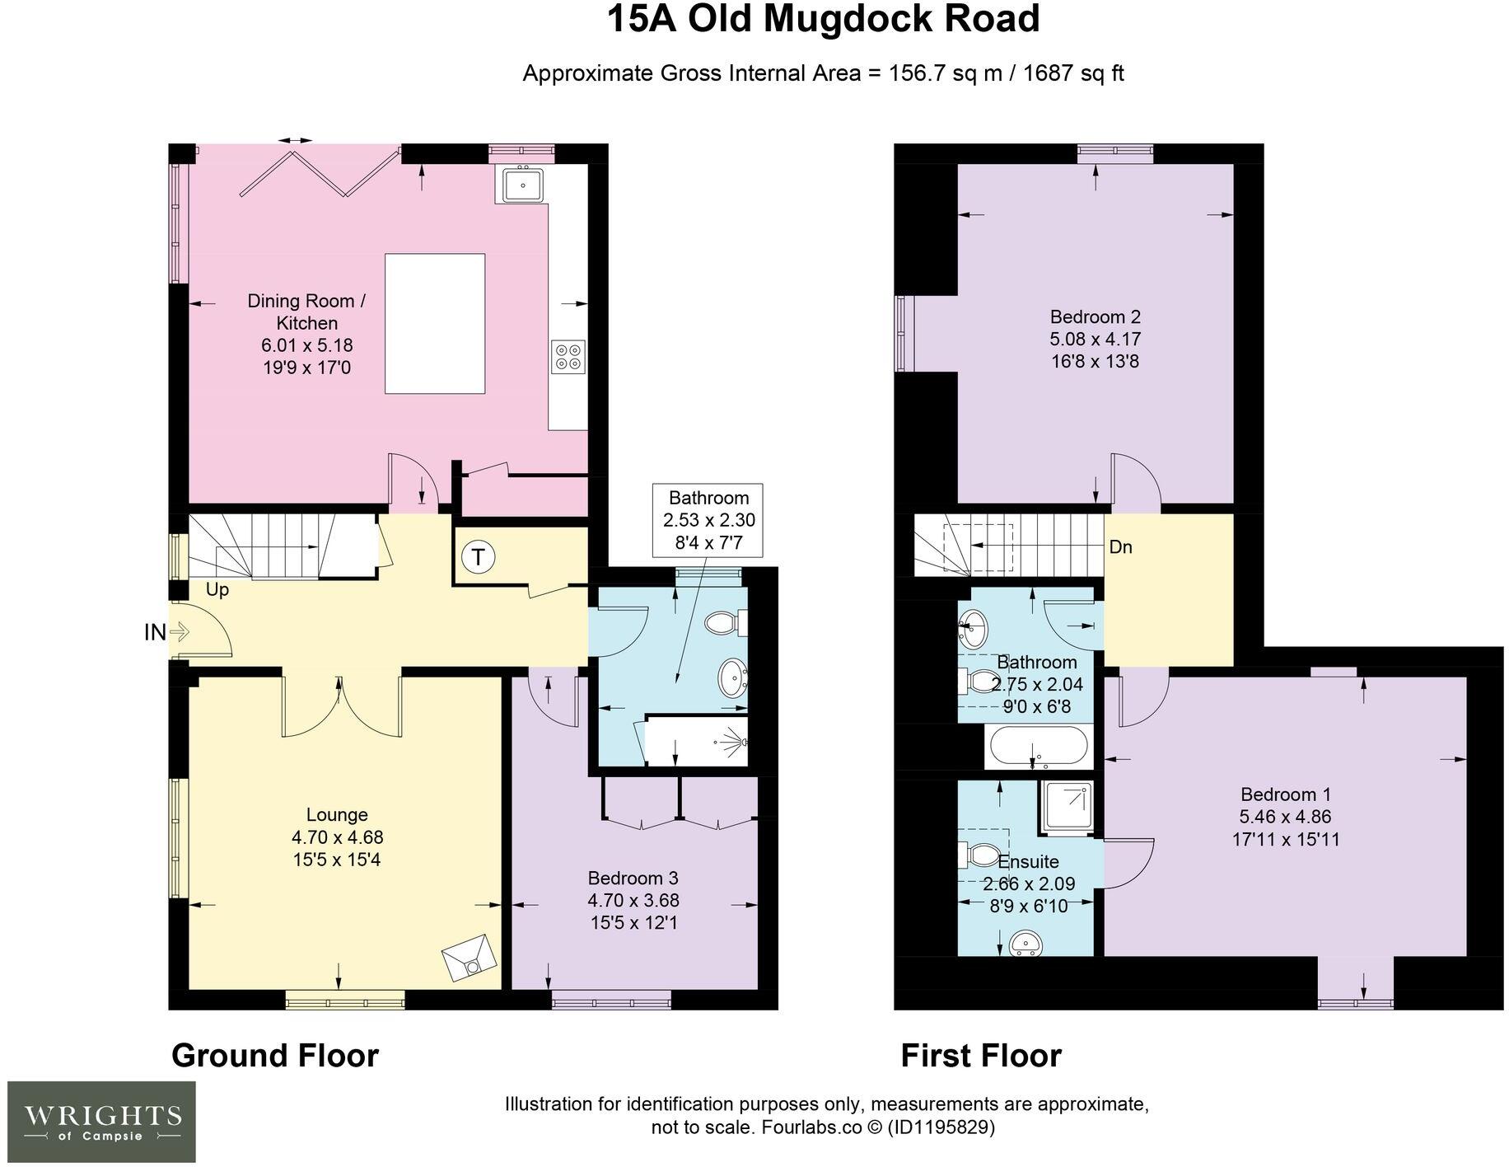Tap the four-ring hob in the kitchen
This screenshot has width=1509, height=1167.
click(568, 357)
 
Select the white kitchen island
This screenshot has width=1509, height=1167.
click(435, 323)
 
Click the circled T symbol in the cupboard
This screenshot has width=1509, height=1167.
click(478, 558)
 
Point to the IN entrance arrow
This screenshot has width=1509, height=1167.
click(167, 632)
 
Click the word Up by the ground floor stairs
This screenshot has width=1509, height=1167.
click(217, 590)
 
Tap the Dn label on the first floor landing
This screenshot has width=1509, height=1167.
click(1120, 547)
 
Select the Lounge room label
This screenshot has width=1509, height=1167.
click(337, 815)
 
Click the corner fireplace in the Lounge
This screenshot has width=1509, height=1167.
click(470, 958)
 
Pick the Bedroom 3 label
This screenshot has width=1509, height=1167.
click(633, 878)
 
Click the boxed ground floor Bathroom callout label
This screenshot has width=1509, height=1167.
click(708, 520)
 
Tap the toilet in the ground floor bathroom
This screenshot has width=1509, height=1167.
click(726, 623)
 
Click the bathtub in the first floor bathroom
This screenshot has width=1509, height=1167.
click(1038, 747)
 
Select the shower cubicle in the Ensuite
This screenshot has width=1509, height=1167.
click(1068, 808)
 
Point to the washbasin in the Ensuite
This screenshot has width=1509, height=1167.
click(1026, 943)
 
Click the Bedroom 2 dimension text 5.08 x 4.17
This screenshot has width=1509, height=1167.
click(1095, 339)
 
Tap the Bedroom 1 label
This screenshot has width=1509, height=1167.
click(1285, 794)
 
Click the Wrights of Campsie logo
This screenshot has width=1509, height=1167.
click(102, 1121)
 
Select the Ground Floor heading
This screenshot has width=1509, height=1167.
click(275, 1056)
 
